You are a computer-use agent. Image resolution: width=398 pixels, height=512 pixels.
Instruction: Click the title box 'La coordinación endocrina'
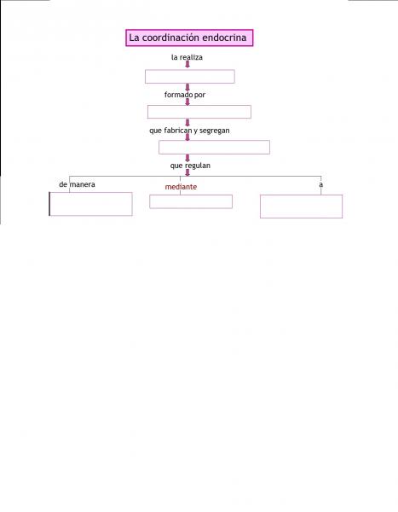coord(189,38)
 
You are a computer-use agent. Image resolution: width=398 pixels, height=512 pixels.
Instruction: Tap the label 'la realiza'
coord(187,57)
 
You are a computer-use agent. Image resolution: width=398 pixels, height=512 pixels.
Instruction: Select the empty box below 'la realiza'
coord(190,77)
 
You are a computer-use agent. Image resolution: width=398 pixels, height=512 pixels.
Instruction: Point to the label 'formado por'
coord(185,95)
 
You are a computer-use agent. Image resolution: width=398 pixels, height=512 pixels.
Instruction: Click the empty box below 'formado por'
coord(199,112)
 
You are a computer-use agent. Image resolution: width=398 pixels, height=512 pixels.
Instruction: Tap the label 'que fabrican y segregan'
coord(189,131)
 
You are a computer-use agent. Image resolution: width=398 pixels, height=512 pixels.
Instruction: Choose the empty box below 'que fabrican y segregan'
coord(214,147)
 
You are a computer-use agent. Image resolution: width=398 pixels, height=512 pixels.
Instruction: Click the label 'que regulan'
coord(190,166)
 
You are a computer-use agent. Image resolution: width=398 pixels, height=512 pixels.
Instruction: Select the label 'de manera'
coord(77,184)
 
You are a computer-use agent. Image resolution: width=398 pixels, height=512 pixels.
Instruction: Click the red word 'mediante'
coord(181,187)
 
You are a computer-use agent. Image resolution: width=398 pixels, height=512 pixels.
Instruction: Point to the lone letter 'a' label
coord(321,184)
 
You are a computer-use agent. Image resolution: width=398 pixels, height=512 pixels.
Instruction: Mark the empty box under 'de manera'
coord(90,204)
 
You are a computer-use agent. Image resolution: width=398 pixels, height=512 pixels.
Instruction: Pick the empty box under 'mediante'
coord(191,201)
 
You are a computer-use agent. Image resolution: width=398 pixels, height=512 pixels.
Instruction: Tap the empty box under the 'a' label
coord(301,207)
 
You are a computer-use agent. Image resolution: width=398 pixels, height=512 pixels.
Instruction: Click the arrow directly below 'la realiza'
coord(187,64)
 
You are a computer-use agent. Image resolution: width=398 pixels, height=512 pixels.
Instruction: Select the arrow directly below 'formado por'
coord(187,102)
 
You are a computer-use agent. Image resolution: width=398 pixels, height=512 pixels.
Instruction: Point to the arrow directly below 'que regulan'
coord(187,172)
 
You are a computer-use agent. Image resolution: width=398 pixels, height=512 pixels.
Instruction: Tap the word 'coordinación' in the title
coord(170,38)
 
